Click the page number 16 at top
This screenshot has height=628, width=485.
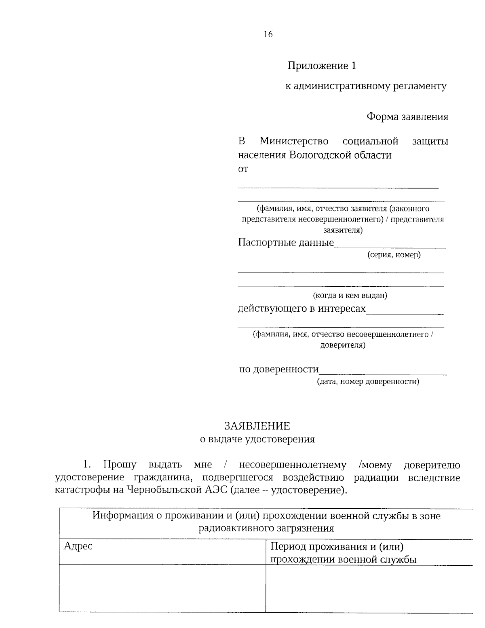pos(268,34)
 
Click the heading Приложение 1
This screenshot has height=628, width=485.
pos(322,66)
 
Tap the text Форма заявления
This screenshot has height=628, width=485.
pos(407,117)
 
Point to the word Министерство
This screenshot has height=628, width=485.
pos(294,142)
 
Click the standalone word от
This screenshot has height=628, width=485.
pos(243,169)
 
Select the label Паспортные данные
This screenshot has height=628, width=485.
pos(286,243)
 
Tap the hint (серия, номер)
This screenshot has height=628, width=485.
pos(394,255)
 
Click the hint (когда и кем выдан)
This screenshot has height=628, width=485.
pos(350,296)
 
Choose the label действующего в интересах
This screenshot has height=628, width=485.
pos(302,309)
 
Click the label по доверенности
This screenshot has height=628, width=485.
pos(279,369)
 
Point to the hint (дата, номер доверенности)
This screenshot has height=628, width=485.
pos(368,381)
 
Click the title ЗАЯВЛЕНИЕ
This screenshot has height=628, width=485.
pos(257,426)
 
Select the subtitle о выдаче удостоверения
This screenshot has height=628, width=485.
pos(257,440)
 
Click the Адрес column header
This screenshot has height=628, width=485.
pos(78,546)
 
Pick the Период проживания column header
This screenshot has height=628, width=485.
pos(337,547)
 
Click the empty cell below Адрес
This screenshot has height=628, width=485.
pos(162,588)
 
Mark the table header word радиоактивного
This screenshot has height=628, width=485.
pos(237,528)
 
